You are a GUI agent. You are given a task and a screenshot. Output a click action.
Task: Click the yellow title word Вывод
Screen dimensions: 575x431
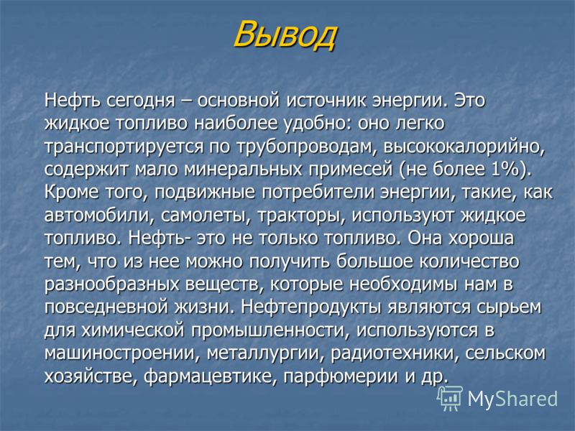point(285,34)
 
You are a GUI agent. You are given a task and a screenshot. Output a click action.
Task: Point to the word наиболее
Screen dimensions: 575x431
point(236,124)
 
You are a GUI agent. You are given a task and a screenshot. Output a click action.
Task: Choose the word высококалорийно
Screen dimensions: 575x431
point(464,147)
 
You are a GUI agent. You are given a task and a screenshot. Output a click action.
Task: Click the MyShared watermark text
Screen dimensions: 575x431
point(512,399)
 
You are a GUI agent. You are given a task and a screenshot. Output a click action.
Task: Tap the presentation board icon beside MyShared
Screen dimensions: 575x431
point(450,399)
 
